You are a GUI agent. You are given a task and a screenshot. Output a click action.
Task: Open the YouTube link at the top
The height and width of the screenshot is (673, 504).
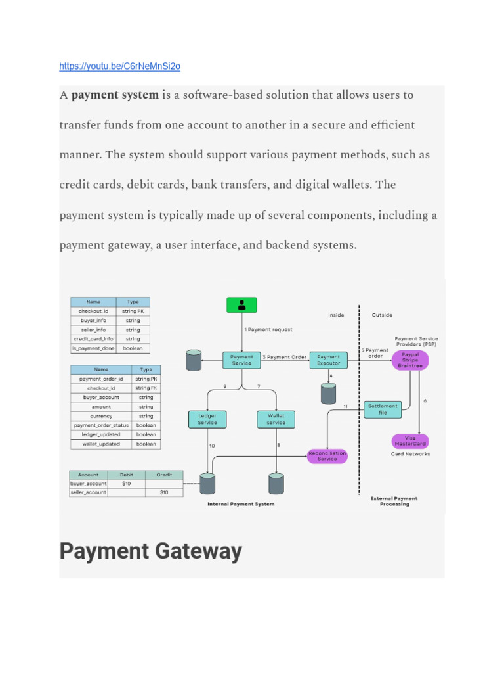coord(119,66)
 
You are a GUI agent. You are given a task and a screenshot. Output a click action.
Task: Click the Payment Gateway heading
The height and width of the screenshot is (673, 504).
coord(151,551)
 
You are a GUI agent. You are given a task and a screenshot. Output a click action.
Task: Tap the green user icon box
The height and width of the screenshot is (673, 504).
coord(241,304)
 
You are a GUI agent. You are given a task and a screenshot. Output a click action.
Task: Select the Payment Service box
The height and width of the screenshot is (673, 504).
coord(241,360)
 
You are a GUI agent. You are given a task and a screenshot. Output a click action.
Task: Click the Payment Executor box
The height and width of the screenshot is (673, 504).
coord(328,360)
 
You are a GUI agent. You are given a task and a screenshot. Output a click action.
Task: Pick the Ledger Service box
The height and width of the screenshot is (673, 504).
coord(207,419)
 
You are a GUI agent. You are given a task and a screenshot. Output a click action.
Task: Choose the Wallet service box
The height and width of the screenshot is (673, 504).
coord(276,419)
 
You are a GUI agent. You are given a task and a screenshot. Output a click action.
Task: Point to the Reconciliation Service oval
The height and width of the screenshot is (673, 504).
coord(327,455)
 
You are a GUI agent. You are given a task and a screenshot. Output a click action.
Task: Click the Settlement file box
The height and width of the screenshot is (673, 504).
coord(383,409)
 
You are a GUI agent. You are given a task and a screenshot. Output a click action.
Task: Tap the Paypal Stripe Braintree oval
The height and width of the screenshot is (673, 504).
coord(410,360)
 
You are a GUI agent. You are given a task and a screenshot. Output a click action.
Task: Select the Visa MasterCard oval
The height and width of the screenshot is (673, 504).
coord(410,441)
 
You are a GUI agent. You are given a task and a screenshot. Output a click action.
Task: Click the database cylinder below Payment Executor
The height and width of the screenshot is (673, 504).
coord(328,393)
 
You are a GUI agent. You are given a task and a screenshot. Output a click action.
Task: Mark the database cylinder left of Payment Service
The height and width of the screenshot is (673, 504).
coord(194,360)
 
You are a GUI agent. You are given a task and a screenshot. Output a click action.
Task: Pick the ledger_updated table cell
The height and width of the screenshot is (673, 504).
coord(100,434)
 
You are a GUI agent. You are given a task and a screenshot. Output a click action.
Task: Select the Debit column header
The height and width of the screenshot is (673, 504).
coord(126,475)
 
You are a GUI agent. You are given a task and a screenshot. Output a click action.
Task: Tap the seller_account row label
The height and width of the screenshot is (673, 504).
coord(88,492)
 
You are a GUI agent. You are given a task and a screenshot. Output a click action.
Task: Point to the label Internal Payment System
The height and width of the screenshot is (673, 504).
coord(241,504)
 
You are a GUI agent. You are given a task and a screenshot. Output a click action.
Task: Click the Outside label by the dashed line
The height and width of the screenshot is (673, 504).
coord(382,315)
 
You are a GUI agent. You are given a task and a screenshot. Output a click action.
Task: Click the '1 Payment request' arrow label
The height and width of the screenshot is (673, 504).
coord(268,329)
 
